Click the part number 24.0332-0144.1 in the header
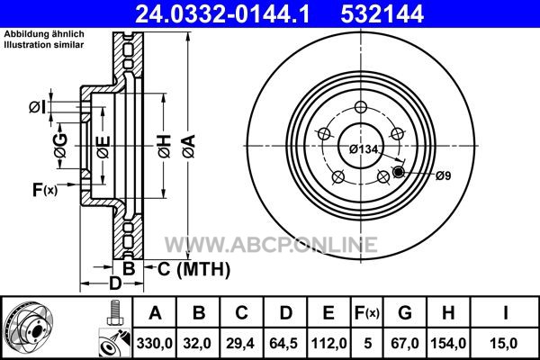[x=222, y=13]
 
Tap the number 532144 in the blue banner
[x=382, y=13]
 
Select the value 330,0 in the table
[x=155, y=344]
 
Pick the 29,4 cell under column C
[x=240, y=344]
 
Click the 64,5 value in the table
[x=284, y=344]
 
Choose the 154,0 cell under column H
[x=448, y=344]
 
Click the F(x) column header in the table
[x=367, y=313]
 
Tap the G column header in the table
[x=405, y=313]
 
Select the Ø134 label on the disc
[x=364, y=149]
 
